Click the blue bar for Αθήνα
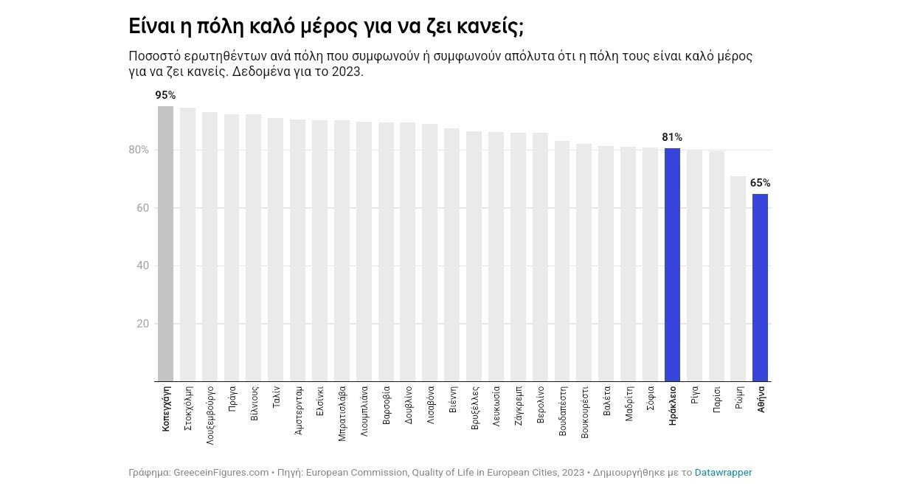[x=760, y=288]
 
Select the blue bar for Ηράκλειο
[x=672, y=265]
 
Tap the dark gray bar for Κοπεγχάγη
[x=165, y=243]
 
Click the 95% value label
[x=165, y=95]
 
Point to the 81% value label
[x=672, y=137]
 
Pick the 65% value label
[x=760, y=183]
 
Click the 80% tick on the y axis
[x=139, y=150]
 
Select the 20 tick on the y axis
[x=142, y=324]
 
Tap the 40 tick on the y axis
[x=142, y=265]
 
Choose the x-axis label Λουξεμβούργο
[x=210, y=413]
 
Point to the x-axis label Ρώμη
[x=738, y=397]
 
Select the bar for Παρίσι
[x=716, y=266]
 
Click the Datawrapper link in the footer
[x=723, y=473]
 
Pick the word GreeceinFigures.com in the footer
[x=221, y=473]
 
